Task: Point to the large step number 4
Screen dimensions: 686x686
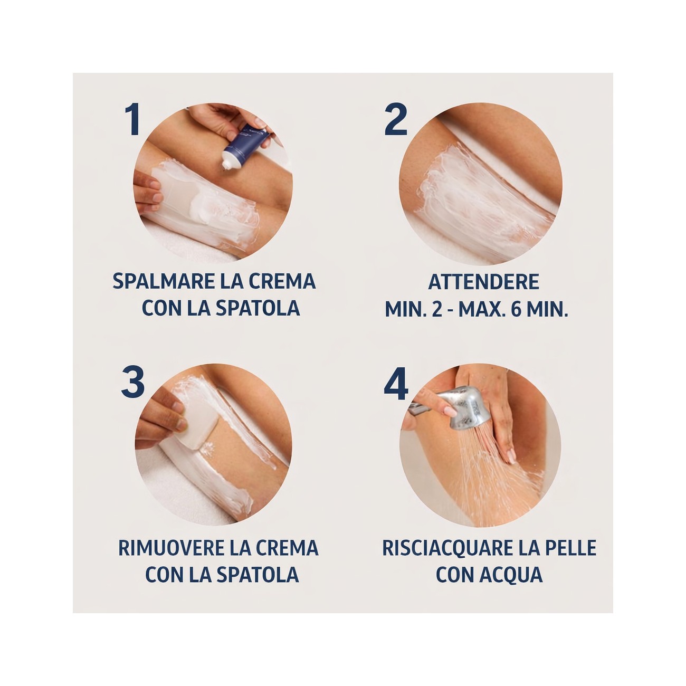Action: [x=396, y=383]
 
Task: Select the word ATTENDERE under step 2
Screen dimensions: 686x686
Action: [x=483, y=282]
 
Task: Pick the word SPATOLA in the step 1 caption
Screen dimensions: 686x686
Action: [x=258, y=308]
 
